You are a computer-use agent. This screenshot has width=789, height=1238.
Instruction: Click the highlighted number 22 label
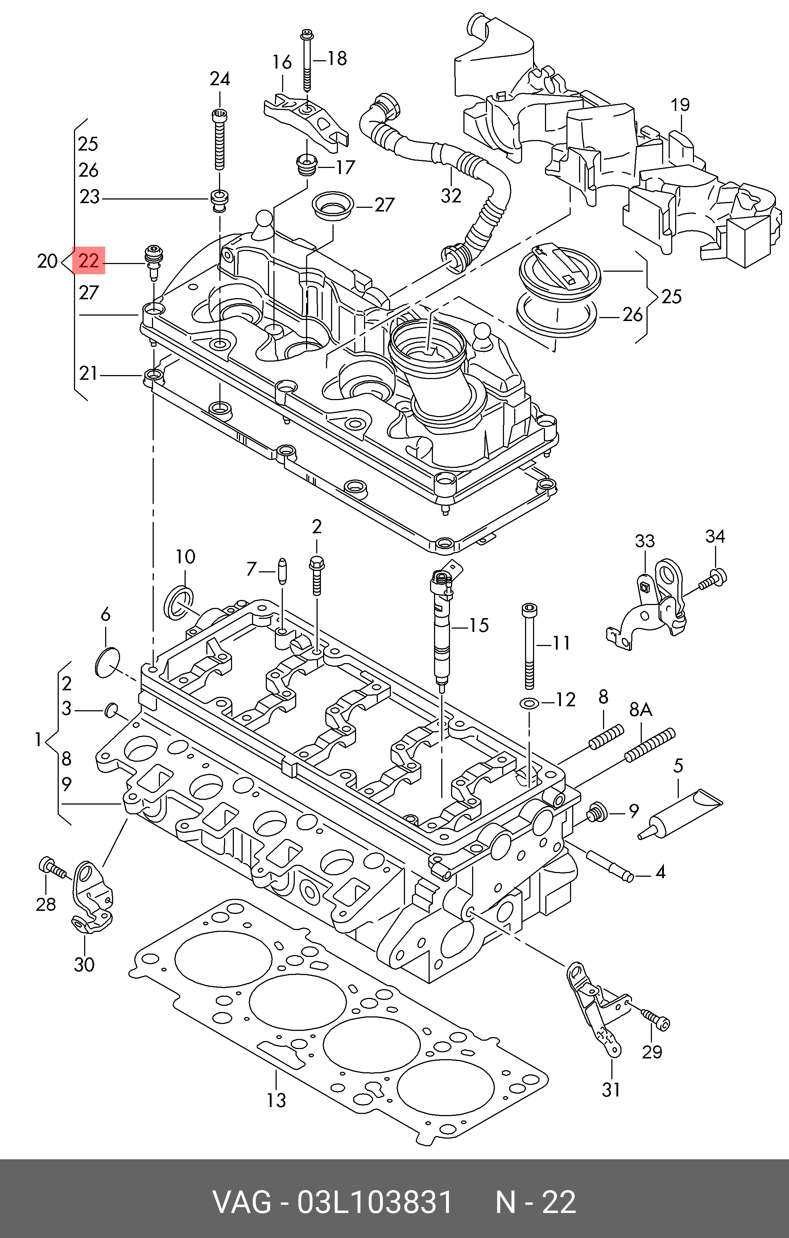pos(89,261)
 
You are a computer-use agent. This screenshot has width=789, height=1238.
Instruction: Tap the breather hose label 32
pos(451,196)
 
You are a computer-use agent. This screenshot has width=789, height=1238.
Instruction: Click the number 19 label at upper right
pos(680,106)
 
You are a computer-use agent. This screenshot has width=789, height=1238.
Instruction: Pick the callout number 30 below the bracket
pos(84,964)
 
